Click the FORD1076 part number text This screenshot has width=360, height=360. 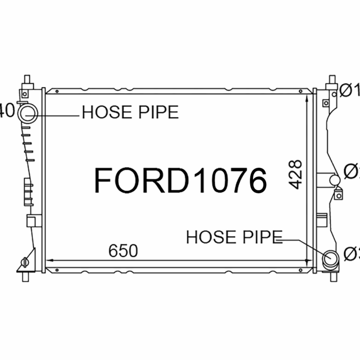click(x=180, y=180)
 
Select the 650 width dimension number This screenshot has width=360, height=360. click(x=123, y=251)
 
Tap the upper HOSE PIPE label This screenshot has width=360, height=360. click(x=130, y=112)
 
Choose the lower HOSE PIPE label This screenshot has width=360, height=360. click(x=234, y=237)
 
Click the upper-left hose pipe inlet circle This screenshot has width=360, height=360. click(x=28, y=110)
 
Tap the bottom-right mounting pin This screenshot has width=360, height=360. click(x=333, y=276)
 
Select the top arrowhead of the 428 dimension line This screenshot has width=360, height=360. click(x=306, y=97)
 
